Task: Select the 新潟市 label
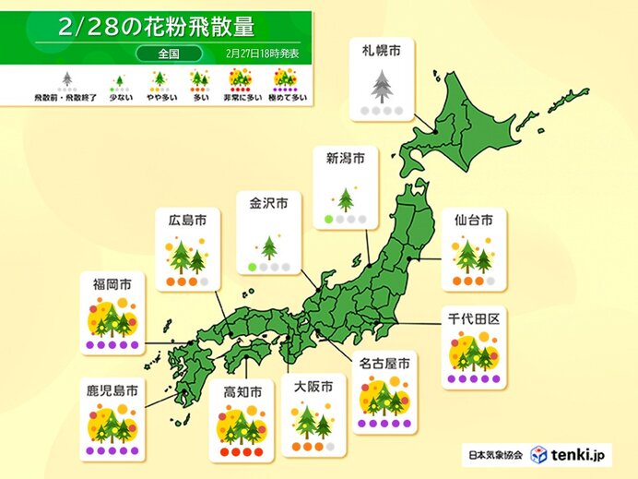click(346, 159)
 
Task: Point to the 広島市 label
click(187, 220)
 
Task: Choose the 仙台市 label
click(473, 220)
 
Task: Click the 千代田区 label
click(472, 318)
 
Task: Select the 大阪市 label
click(312, 387)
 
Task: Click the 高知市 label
click(242, 392)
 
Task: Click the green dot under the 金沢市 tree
click(252, 267)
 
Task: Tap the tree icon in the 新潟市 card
click(346, 197)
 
